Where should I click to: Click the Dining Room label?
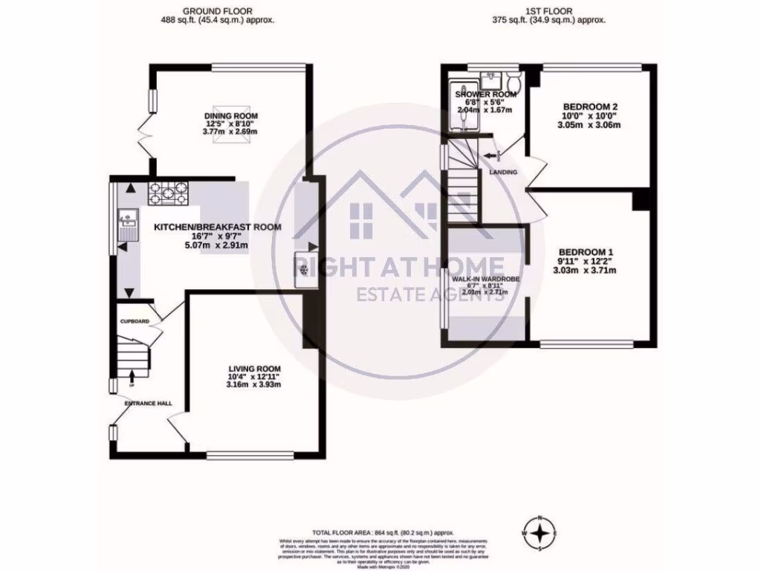[x=232, y=116]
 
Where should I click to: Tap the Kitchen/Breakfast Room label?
[x=217, y=228]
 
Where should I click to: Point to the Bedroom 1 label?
[x=585, y=253]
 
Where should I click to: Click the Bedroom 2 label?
[x=592, y=107]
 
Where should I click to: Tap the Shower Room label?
[x=485, y=94]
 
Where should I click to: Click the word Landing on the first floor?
[x=504, y=172]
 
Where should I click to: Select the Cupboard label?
[x=135, y=322]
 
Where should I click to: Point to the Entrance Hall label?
[x=148, y=403]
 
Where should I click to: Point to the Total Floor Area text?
[x=383, y=533]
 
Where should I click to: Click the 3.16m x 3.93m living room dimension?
[x=253, y=385]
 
